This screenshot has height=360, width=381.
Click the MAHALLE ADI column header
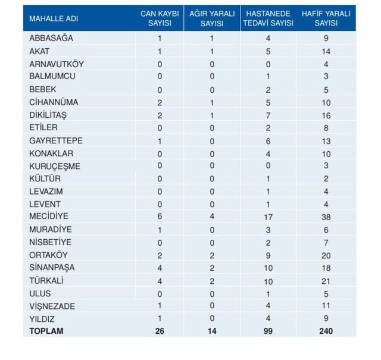pos(54,18)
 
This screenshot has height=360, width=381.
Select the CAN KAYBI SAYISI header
pos(160,18)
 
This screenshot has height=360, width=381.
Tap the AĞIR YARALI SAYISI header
pos(211,18)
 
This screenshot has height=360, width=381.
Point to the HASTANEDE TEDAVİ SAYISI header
pos(268,18)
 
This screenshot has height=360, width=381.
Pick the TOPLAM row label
pos(45,331)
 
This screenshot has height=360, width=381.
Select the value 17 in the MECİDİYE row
pos(268,218)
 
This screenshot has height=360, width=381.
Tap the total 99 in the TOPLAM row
pos(268,331)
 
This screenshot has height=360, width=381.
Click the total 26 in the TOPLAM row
pos(160,331)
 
